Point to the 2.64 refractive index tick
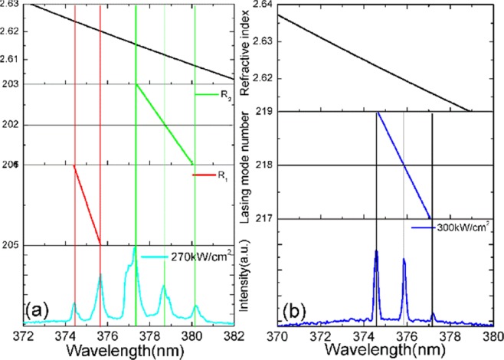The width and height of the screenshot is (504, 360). [x=263, y=5]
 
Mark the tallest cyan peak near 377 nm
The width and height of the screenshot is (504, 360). [x=135, y=249]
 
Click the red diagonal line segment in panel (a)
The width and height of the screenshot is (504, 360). [x=87, y=205]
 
